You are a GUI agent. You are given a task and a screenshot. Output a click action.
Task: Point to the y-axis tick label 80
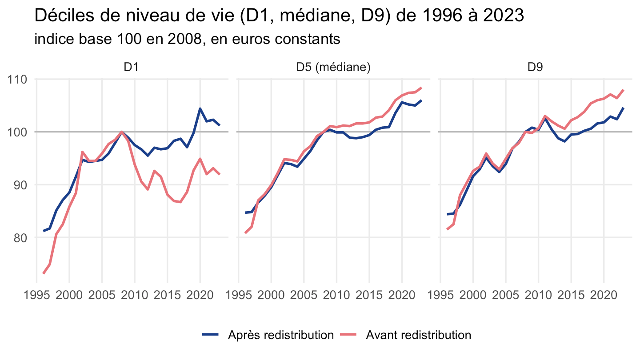click(x=20, y=238)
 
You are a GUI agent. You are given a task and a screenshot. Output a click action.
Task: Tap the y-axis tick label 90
click(x=20, y=185)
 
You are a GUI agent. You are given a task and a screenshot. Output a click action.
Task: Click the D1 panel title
click(x=131, y=67)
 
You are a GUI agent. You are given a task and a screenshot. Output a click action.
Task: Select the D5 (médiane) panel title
click(x=333, y=68)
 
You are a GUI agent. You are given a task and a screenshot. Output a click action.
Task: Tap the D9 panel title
click(x=535, y=67)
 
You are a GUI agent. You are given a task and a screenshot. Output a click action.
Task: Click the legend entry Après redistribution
click(x=281, y=335)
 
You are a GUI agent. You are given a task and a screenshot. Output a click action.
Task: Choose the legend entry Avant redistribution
click(x=419, y=335)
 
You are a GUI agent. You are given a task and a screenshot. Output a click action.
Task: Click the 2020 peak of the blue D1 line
click(x=200, y=108)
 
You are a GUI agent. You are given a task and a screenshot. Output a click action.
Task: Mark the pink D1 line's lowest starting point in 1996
click(x=44, y=273)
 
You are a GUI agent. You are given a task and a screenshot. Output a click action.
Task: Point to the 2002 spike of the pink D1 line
click(x=82, y=152)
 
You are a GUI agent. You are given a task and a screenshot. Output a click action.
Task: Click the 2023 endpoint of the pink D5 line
click(x=421, y=88)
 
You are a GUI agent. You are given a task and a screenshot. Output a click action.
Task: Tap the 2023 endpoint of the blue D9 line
click(x=624, y=108)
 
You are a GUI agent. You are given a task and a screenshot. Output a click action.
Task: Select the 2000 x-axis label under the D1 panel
click(x=69, y=295)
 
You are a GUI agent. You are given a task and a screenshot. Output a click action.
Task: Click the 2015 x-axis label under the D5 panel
click(x=369, y=295)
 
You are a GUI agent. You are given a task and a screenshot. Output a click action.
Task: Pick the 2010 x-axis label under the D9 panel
click(x=538, y=295)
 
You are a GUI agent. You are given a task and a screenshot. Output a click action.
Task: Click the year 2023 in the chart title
click(x=504, y=16)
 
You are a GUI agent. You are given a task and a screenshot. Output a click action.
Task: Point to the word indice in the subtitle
click(x=54, y=39)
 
